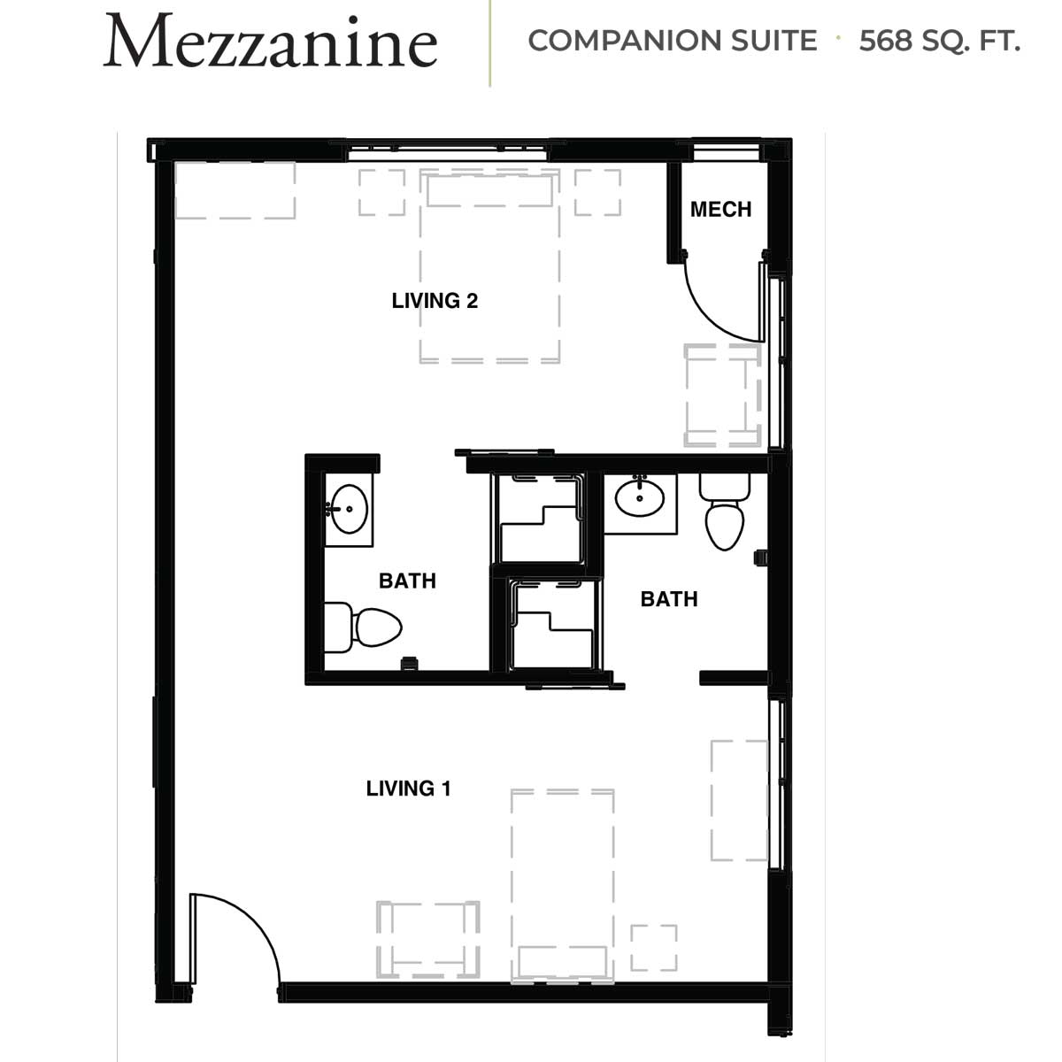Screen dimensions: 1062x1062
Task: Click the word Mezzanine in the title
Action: click(271, 42)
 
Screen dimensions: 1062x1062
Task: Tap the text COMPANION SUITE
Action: click(673, 41)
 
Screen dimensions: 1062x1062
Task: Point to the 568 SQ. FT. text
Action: click(940, 41)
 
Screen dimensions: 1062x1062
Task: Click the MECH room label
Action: click(721, 210)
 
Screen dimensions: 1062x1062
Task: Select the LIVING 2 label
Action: click(435, 301)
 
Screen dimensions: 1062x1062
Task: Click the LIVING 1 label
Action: click(408, 789)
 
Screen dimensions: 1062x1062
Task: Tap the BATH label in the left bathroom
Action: click(407, 581)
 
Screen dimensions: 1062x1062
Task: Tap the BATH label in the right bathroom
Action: click(669, 599)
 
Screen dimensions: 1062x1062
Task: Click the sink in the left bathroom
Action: click(349, 509)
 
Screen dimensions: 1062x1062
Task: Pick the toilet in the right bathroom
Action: click(725, 512)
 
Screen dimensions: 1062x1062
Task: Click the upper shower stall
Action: click(539, 519)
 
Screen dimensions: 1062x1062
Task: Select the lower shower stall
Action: click(553, 625)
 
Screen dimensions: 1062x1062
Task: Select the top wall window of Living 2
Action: click(448, 152)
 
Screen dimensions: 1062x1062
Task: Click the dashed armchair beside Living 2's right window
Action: click(722, 395)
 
